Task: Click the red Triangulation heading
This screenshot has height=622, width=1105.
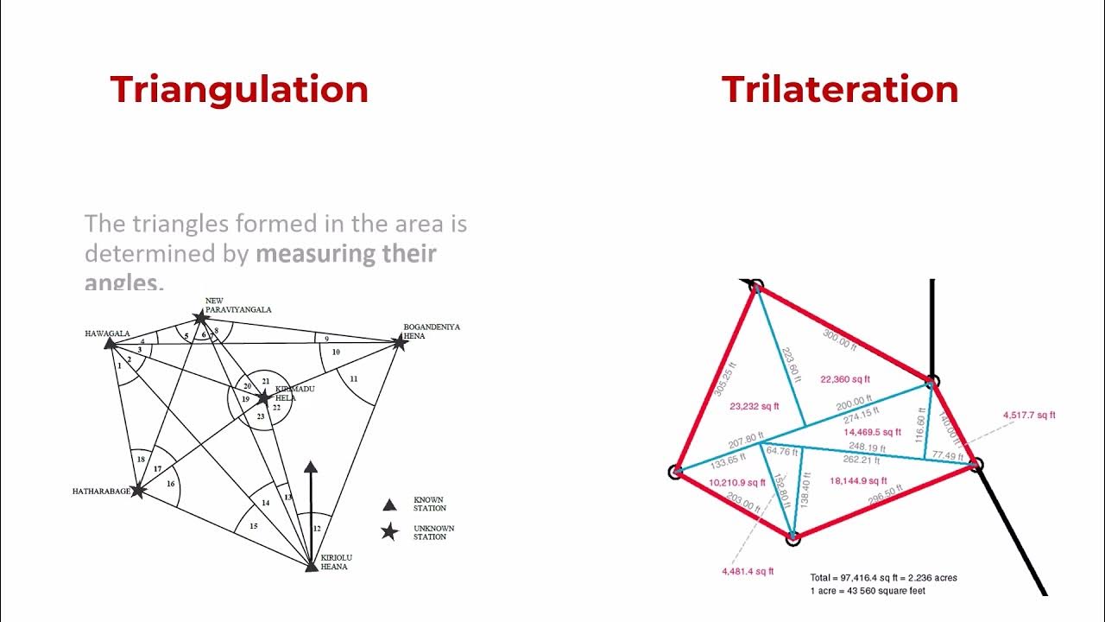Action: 239,90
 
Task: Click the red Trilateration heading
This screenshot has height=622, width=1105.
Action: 840,90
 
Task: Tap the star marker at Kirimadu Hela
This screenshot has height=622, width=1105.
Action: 263,397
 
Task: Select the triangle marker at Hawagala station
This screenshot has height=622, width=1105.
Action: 110,343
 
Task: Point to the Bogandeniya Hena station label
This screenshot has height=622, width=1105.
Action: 432,331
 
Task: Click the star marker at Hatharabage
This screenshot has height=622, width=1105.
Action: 137,491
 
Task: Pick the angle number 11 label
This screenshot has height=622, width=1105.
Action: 353,378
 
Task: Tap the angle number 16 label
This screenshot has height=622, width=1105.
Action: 170,484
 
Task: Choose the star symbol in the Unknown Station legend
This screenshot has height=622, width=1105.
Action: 389,532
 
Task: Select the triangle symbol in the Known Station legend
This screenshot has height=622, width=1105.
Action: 389,504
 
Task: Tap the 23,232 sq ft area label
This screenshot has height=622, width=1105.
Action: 754,406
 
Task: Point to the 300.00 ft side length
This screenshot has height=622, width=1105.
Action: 840,340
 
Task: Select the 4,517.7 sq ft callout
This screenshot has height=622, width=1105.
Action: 1029,416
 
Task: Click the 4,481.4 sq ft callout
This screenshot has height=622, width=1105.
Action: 748,571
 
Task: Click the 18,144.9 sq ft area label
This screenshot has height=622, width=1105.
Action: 857,480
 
